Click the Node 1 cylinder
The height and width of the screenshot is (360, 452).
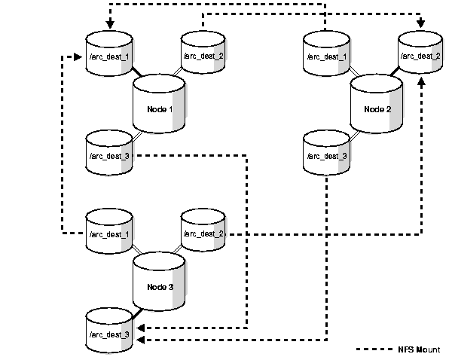[x=159, y=108]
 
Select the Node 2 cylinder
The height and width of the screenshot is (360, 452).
[x=376, y=108]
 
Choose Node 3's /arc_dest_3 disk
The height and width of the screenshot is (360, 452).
[x=109, y=334]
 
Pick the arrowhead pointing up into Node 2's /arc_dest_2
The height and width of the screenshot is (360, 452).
[x=420, y=79]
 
